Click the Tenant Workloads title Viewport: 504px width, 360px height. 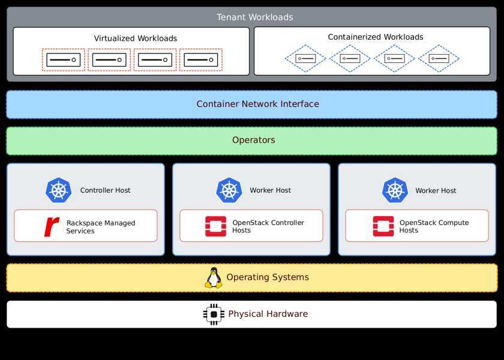255,17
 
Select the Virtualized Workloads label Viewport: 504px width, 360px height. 136,38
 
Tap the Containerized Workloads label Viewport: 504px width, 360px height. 376,37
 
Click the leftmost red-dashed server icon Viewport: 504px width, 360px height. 63,60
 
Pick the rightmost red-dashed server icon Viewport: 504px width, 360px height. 201,60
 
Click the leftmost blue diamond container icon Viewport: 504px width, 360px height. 305,59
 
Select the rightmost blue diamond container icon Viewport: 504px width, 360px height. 439,59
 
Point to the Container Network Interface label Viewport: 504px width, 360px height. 257,104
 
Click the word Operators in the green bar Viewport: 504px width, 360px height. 253,140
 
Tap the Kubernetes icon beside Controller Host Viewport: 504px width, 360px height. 58,190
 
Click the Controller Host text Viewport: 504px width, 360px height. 105,190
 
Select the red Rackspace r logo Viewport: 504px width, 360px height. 52,226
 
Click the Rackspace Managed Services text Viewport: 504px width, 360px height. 101,227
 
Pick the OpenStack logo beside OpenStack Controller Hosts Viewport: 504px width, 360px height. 215,226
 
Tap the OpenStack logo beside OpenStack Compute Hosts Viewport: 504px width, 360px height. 383,226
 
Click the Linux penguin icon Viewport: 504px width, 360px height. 214,278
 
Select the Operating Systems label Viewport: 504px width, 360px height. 268,277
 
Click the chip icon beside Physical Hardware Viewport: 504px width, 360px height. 214,314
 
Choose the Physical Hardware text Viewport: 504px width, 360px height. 268,314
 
